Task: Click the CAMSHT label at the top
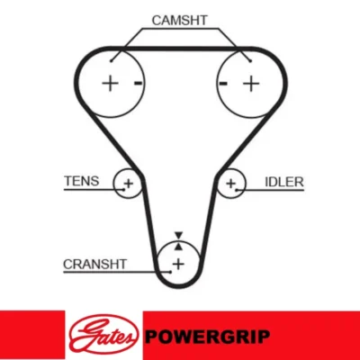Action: coord(179,20)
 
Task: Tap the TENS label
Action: coord(81,181)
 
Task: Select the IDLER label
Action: coord(284,182)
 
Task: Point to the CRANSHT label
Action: coord(94,264)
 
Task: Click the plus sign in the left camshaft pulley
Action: coord(110,83)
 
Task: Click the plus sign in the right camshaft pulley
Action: coord(251,83)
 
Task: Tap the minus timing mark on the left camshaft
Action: coord(138,83)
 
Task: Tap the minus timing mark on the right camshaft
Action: coord(223,83)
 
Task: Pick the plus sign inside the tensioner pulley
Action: coord(129,183)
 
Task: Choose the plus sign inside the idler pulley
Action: coord(230,183)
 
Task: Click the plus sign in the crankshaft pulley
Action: coord(178,264)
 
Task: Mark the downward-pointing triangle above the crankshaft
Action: coord(178,235)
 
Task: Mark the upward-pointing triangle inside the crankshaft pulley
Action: coord(178,247)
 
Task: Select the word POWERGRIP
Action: coord(207,337)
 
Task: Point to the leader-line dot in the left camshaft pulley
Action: coord(111,61)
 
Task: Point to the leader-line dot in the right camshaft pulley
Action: coord(250,61)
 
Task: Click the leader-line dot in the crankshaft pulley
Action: coord(170,272)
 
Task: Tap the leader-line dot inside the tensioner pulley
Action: coord(123,189)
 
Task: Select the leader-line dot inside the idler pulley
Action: coord(237,190)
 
